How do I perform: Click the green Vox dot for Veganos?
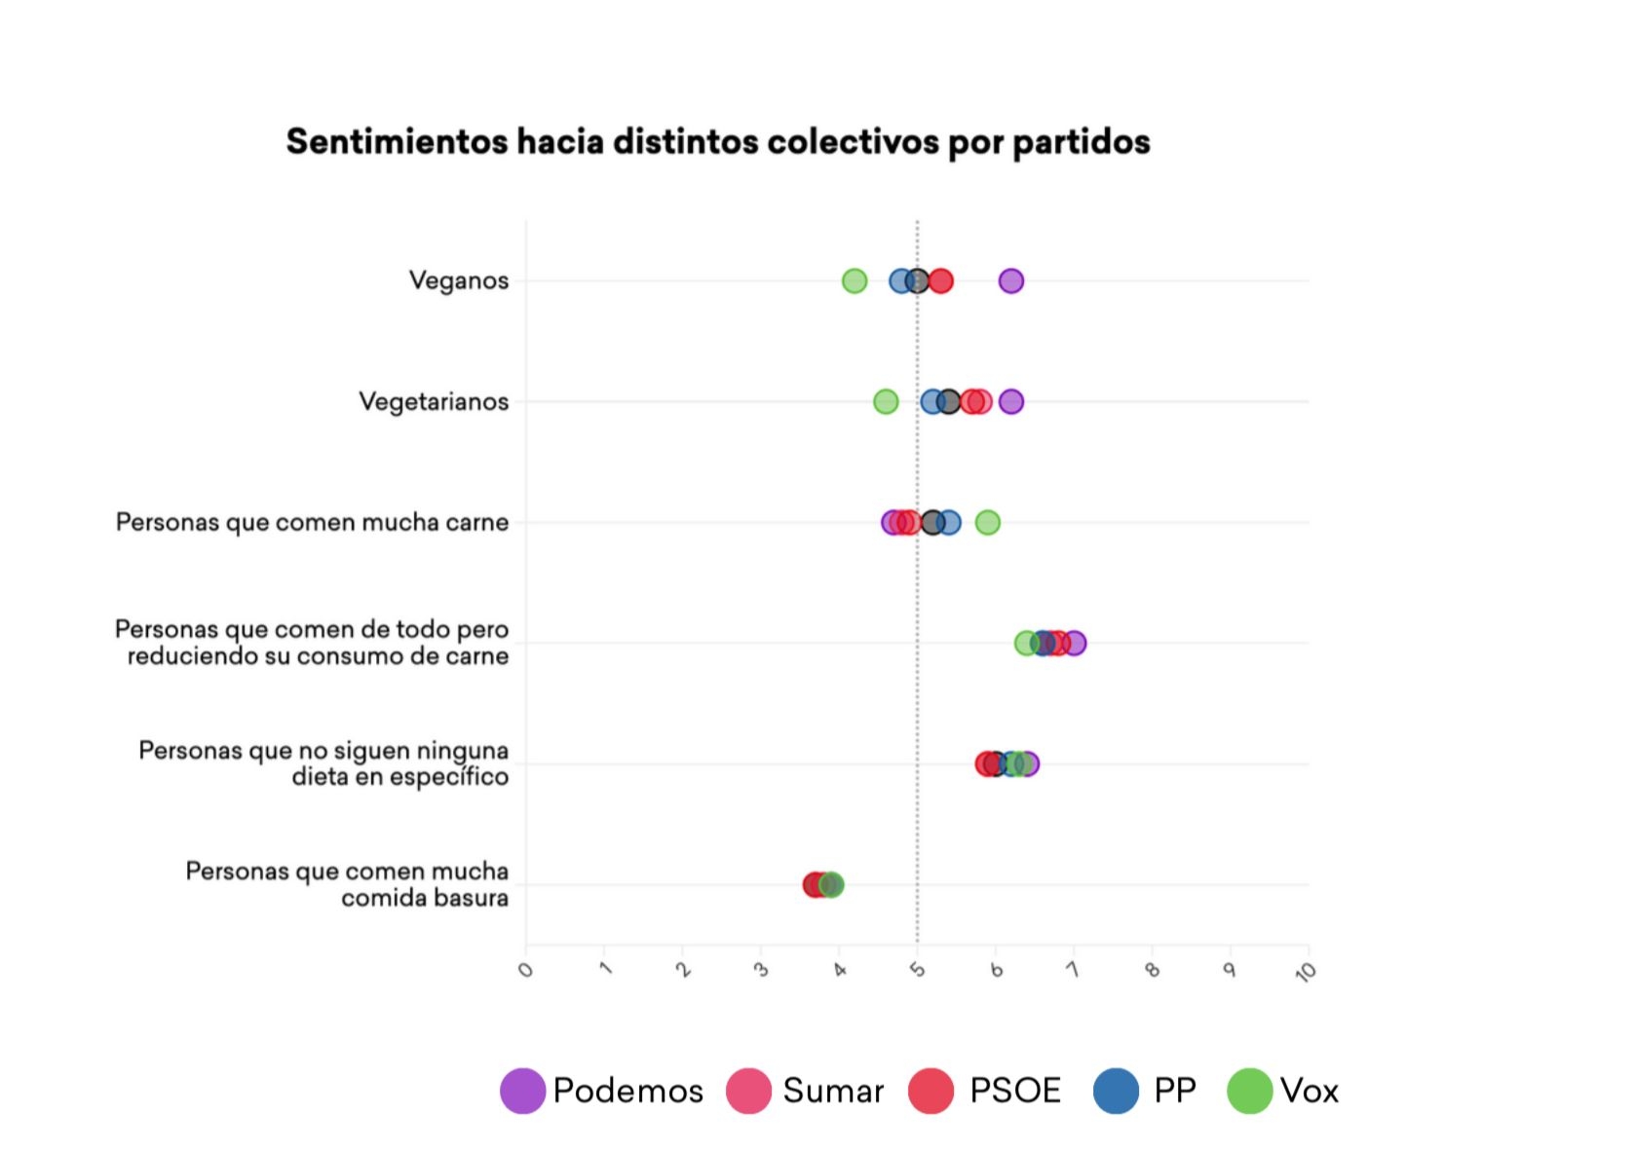(x=854, y=281)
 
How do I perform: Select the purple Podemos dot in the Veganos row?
(x=1011, y=281)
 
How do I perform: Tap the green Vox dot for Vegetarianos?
(x=886, y=401)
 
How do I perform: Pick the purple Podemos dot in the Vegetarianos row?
(x=1011, y=401)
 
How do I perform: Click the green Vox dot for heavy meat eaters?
(x=988, y=523)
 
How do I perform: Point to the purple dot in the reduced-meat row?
(x=1075, y=643)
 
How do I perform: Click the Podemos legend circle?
(x=522, y=1091)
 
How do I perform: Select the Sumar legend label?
(x=833, y=1091)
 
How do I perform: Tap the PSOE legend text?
(x=1015, y=1091)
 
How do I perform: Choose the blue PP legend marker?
(x=1117, y=1091)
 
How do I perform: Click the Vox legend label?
(x=1310, y=1091)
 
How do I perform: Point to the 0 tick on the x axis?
(x=526, y=970)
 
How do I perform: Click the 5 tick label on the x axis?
(x=918, y=970)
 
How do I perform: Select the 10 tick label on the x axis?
(x=1306, y=971)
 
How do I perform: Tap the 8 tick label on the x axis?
(x=1153, y=970)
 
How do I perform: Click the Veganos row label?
(x=459, y=281)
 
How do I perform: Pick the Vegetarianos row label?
(x=434, y=402)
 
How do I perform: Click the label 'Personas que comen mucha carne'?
(x=312, y=523)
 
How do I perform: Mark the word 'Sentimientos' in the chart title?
(x=397, y=142)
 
